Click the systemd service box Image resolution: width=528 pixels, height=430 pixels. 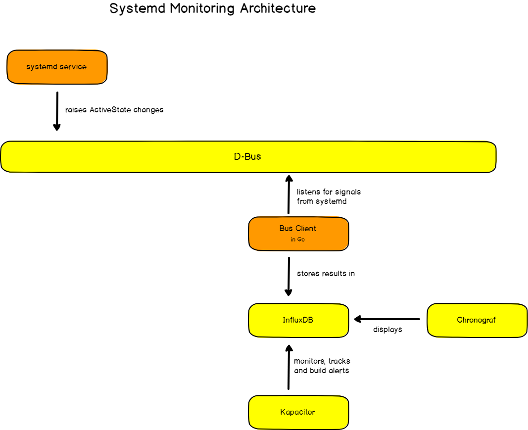[x=57, y=67]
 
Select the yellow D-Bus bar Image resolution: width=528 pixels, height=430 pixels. [x=248, y=157]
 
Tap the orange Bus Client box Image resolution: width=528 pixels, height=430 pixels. [x=298, y=234]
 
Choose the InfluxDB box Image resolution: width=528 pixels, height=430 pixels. [x=298, y=320]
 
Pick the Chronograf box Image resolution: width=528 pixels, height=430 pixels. [x=477, y=320]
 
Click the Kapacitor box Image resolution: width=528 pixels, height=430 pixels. [x=298, y=412]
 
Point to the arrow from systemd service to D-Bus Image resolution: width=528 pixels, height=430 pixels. [x=57, y=111]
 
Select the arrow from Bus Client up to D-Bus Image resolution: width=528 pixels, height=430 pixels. [x=289, y=194]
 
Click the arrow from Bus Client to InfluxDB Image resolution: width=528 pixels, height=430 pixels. [x=289, y=276]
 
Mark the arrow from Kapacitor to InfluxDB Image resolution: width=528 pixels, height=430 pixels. [x=289, y=367]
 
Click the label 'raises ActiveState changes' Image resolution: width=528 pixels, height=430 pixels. [x=114, y=110]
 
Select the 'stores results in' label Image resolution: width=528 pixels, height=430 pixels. [x=326, y=273]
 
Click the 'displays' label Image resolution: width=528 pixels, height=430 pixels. [x=387, y=330]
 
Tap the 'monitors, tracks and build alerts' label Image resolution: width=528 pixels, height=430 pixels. [x=322, y=366]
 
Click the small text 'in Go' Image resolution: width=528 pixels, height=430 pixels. [x=298, y=239]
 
